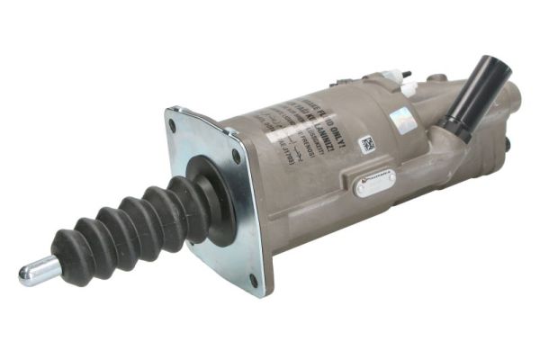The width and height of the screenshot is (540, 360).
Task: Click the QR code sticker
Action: coord(367,144)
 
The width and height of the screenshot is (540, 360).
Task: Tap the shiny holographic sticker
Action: coord(401,119)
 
